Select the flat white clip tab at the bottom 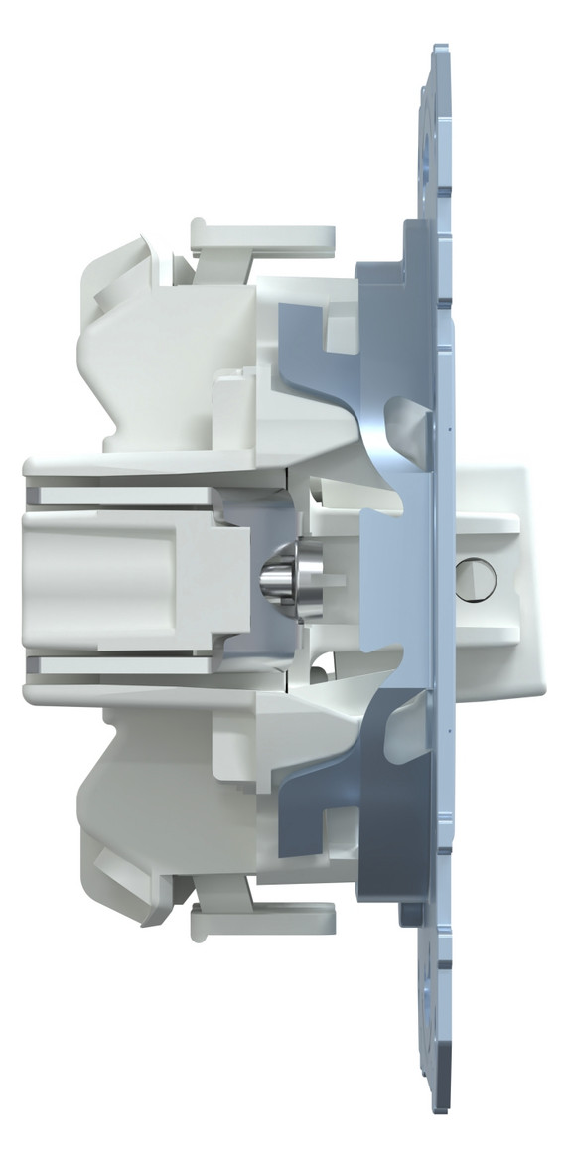click(262, 921)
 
